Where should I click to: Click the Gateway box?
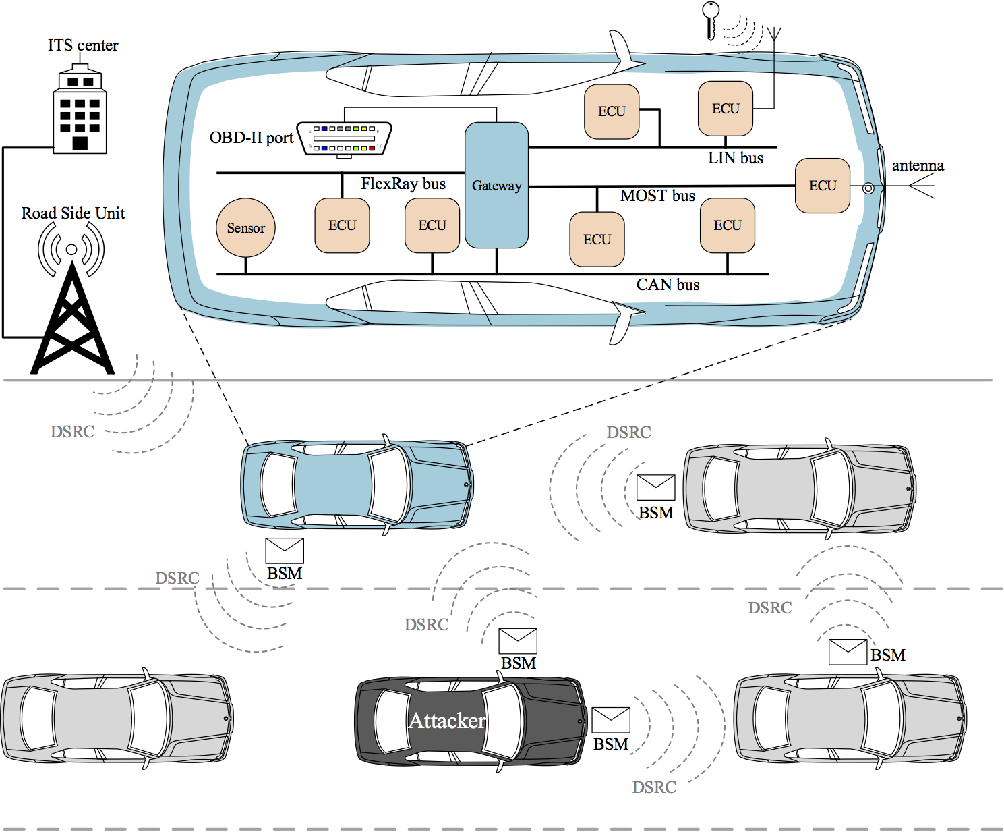click(496, 185)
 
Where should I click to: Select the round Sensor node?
click(245, 228)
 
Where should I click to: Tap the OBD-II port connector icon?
click(345, 138)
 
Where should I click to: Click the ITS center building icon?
click(80, 112)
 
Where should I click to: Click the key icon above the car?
click(710, 19)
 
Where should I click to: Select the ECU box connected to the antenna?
click(823, 186)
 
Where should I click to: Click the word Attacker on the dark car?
click(447, 721)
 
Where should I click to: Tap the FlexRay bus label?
click(403, 184)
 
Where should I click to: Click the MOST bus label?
click(657, 196)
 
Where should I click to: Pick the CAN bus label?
click(668, 285)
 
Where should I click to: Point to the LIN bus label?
click(735, 158)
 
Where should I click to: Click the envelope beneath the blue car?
click(285, 551)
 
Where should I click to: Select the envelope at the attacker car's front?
click(611, 720)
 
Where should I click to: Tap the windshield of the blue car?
click(390, 484)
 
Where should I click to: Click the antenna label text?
click(918, 166)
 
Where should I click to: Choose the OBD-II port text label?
click(252, 138)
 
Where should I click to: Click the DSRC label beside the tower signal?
click(72, 432)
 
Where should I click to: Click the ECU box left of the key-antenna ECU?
click(612, 111)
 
